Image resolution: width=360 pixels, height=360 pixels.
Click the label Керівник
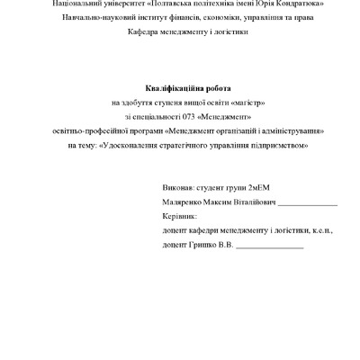click(x=179, y=217)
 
